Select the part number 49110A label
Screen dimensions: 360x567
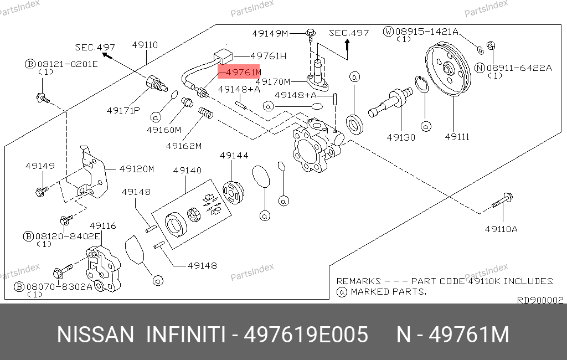[501, 228]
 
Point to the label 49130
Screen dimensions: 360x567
[400, 137]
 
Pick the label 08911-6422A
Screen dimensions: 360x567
[520, 68]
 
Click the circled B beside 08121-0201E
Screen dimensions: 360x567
[30, 64]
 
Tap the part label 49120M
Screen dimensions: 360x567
[136, 169]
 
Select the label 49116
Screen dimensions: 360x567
[102, 225]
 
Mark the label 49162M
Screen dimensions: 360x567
[183, 146]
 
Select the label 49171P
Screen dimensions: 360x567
[123, 110]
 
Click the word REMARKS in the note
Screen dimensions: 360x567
[358, 281]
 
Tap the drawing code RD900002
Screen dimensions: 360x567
[540, 300]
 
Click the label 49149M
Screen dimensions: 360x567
[270, 33]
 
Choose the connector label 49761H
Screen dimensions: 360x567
[268, 56]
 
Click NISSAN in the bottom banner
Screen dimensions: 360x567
[95, 335]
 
